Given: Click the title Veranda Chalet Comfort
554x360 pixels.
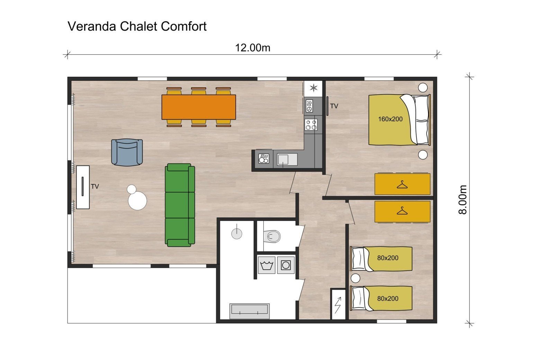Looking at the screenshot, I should click(x=137, y=26).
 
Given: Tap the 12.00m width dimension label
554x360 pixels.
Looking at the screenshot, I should click(x=252, y=48).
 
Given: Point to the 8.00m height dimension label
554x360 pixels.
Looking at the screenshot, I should click(x=463, y=200).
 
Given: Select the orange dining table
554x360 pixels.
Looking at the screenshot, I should click(x=199, y=107).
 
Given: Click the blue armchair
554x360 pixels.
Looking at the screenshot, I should click(x=127, y=152).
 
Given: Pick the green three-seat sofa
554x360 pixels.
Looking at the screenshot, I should click(x=180, y=205).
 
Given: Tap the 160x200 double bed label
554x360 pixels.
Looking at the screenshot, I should click(x=390, y=119).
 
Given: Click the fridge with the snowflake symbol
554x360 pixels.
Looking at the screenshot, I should click(x=313, y=88).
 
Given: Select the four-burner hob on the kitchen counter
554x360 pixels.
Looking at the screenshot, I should click(x=311, y=125).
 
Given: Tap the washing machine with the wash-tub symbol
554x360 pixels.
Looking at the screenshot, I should click(x=267, y=265).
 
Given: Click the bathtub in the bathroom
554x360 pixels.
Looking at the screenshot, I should click(x=249, y=311).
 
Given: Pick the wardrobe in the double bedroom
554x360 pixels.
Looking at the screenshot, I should click(x=402, y=184).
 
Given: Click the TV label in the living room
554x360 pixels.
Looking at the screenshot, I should click(x=95, y=187).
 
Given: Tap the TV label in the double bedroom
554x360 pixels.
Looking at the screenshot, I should click(x=334, y=106).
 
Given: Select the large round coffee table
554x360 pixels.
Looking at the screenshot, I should click(x=137, y=201).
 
